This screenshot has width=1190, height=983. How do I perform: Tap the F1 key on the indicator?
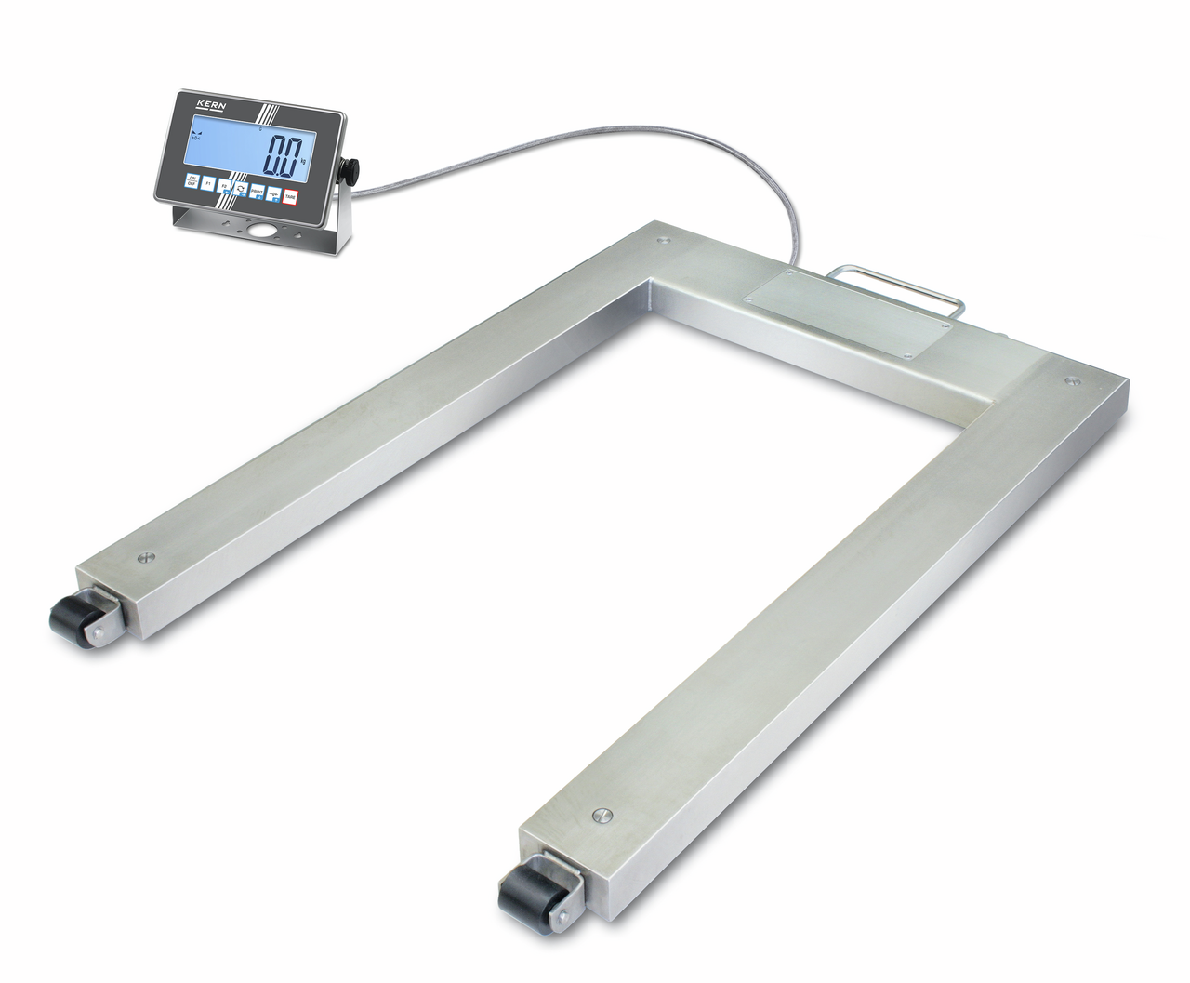point(208,183)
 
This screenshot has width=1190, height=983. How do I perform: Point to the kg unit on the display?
point(303,161)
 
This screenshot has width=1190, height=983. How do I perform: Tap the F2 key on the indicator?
point(223,186)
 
